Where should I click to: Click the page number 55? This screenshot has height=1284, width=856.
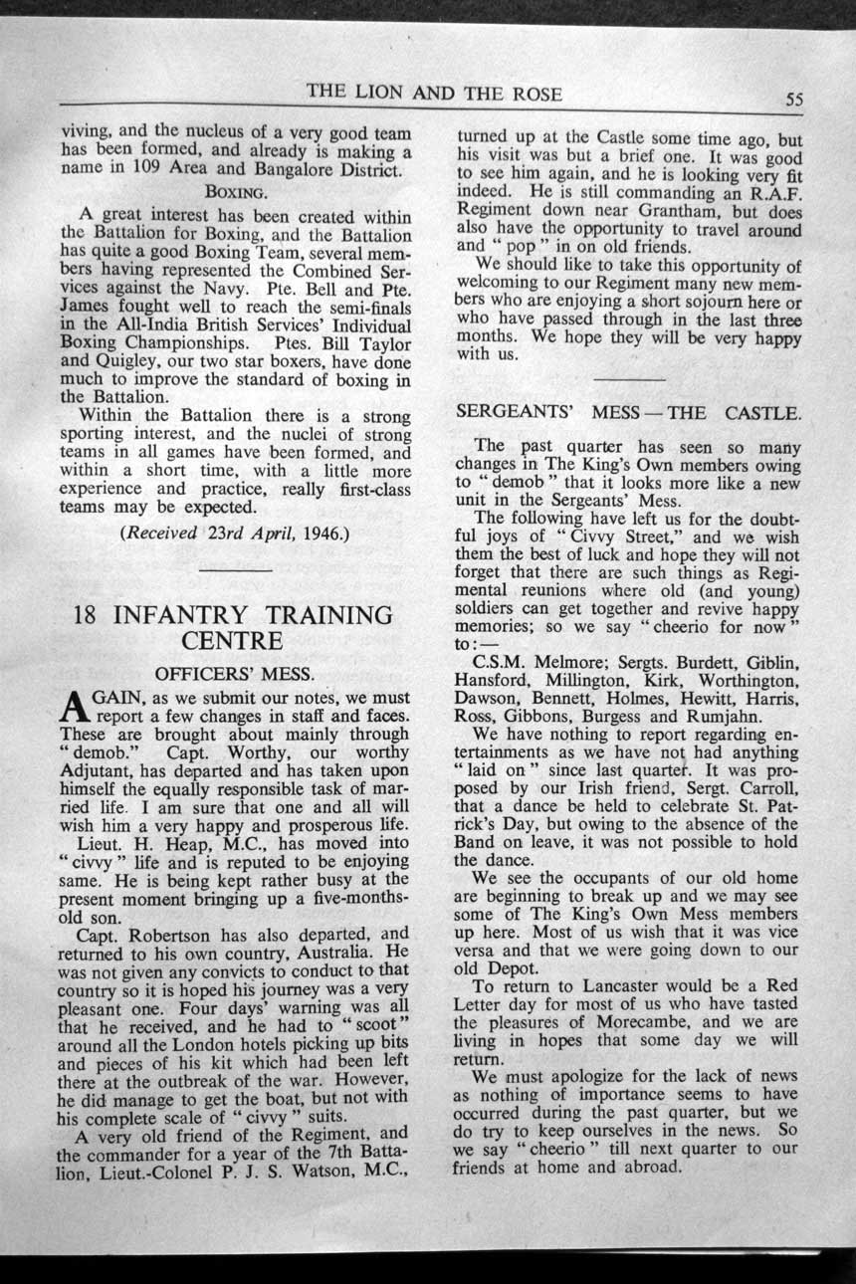click(793, 99)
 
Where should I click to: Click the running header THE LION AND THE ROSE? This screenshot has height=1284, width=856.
click(434, 95)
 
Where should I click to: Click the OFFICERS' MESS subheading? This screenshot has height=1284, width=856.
click(235, 672)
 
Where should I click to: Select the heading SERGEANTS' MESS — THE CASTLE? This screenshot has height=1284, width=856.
click(641, 412)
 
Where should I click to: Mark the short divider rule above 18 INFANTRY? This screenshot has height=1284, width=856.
click(235, 570)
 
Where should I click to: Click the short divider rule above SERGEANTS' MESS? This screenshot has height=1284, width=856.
click(629, 379)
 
